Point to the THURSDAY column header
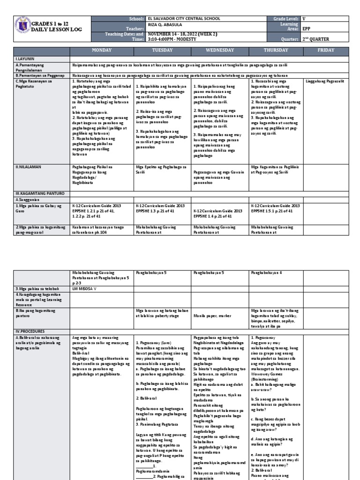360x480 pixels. [x=276, y=50]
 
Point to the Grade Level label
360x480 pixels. [x=286, y=18]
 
